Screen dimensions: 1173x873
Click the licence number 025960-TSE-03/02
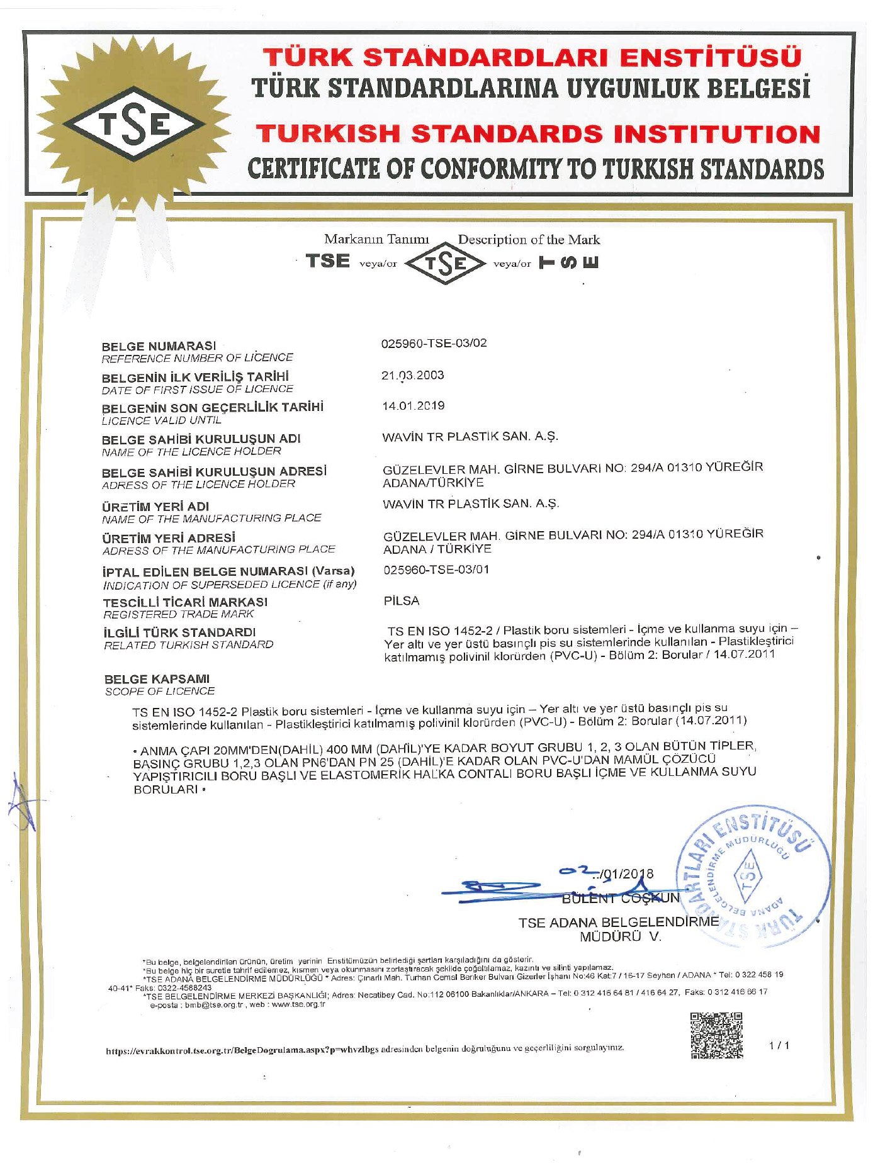(434, 344)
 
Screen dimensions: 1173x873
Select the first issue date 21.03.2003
(412, 376)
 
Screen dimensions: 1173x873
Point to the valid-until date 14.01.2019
(413, 406)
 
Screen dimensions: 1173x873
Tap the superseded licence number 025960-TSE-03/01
(436, 570)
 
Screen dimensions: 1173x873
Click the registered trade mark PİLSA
(402, 601)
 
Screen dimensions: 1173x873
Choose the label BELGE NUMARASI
(159, 346)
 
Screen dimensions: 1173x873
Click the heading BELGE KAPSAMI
(157, 679)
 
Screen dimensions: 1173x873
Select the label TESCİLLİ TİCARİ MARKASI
(185, 602)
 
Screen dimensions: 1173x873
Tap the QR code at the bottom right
(716, 1035)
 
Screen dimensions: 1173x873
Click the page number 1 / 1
(779, 1045)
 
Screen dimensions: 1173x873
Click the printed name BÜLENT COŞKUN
(621, 898)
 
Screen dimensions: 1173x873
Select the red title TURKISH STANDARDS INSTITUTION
(538, 134)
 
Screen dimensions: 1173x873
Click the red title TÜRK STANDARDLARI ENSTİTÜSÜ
(532, 58)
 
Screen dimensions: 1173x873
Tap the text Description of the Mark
(529, 240)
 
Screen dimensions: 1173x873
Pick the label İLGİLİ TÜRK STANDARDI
(179, 632)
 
